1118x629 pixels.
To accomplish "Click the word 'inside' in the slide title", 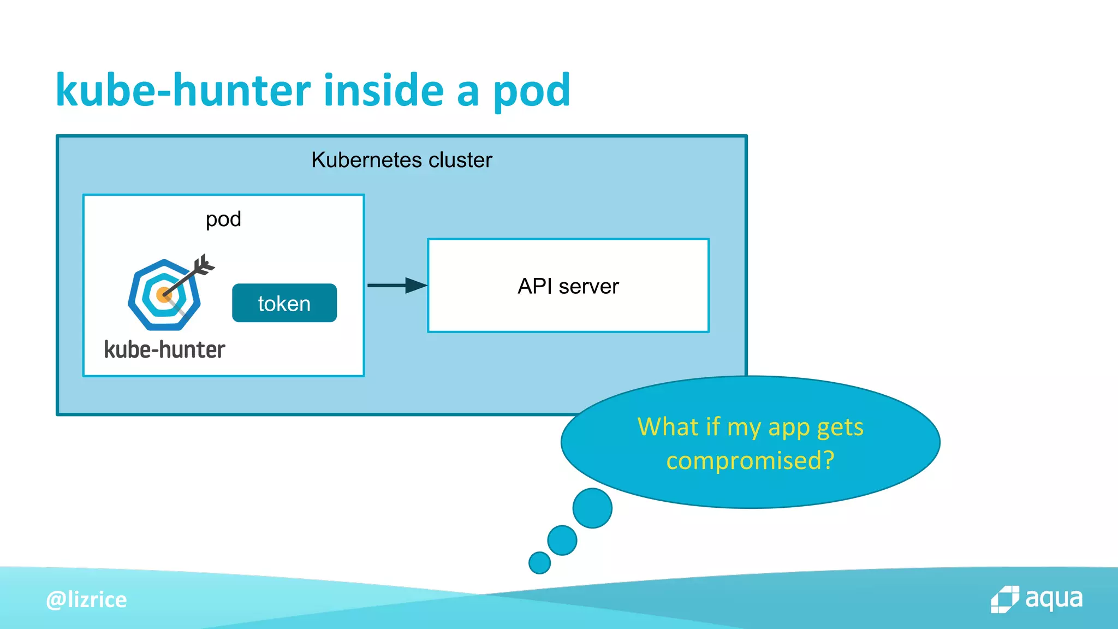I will click(x=383, y=90).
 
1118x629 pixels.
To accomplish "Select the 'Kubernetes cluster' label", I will click(x=401, y=160).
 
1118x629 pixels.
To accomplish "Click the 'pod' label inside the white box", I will click(x=223, y=219).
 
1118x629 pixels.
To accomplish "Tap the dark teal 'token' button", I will click(x=284, y=303).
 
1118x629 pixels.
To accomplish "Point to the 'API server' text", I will click(x=568, y=286).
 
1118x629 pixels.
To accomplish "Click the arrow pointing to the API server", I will click(x=397, y=285).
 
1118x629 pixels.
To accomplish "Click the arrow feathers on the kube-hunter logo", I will click(x=204, y=265).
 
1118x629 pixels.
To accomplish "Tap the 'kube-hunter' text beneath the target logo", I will click(x=164, y=350).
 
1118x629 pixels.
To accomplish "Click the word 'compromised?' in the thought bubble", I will click(x=750, y=460).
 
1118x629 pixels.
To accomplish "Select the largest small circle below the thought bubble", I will click(x=592, y=508).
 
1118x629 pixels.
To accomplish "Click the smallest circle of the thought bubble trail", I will click(x=539, y=562).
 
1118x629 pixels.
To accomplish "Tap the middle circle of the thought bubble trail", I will click(x=562, y=540).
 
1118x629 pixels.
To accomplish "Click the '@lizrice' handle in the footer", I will click(x=86, y=600).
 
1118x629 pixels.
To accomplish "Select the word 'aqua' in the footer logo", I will click(x=1054, y=599).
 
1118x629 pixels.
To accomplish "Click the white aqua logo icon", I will click(x=1004, y=600).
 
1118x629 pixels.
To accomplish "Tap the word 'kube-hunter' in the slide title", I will click(x=183, y=90).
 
